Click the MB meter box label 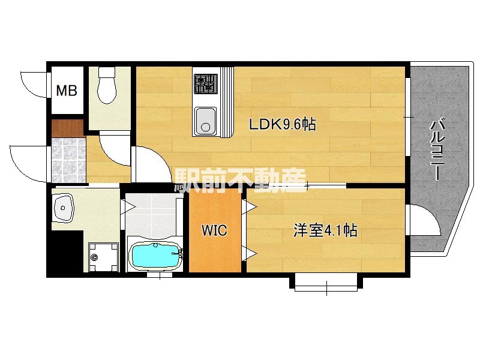coord(67,92)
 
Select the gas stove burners coord(205,83)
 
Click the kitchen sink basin coord(205,120)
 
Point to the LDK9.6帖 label coord(283,125)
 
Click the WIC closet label coord(214,231)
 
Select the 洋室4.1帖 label coord(325,230)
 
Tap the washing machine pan coord(100,256)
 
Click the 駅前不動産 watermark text coord(241,179)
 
